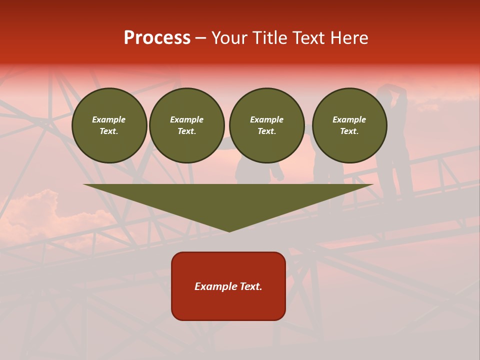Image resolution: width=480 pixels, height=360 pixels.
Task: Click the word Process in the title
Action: pyautogui.click(x=157, y=38)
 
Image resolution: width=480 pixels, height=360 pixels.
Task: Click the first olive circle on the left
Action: pyautogui.click(x=109, y=125)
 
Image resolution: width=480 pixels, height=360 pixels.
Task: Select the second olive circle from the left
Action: pyautogui.click(x=187, y=125)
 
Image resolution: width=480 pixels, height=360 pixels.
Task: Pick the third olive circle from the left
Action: pyautogui.click(x=266, y=125)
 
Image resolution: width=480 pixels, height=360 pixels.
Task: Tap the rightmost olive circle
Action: pyautogui.click(x=349, y=125)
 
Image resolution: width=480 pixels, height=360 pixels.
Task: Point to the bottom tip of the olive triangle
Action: pyautogui.click(x=229, y=231)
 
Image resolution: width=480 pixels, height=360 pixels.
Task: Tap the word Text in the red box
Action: pyautogui.click(x=251, y=286)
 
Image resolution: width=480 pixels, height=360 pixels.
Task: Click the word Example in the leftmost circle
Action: pyautogui.click(x=109, y=119)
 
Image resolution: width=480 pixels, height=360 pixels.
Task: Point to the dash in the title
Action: pyautogui.click(x=200, y=38)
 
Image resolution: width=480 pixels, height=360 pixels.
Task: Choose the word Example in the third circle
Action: pyautogui.click(x=266, y=119)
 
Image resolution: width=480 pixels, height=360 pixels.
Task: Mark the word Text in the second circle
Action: pyautogui.click(x=186, y=131)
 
